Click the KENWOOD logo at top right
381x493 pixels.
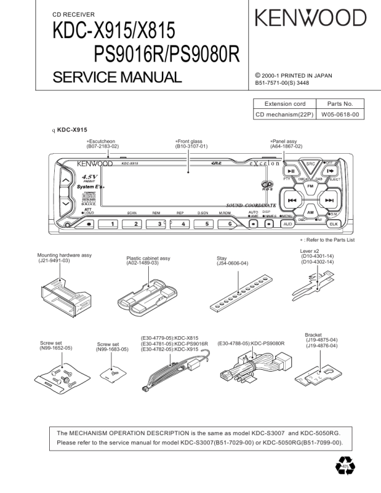pyautogui.click(x=309, y=18)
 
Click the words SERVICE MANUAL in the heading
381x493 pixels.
pyautogui.click(x=118, y=77)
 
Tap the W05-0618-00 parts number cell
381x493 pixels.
pyautogui.click(x=340, y=115)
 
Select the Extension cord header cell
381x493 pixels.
pyautogui.click(x=285, y=104)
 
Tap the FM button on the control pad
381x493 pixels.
pyautogui.click(x=309, y=187)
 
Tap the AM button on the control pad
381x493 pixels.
pyautogui.click(x=310, y=212)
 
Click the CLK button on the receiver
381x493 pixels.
pyautogui.click(x=333, y=223)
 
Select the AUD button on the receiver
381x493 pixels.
pyautogui.click(x=288, y=223)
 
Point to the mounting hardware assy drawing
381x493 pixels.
pyautogui.click(x=61, y=293)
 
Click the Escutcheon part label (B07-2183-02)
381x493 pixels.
pyautogui.click(x=102, y=144)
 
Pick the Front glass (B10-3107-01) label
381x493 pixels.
pyautogui.click(x=191, y=144)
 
